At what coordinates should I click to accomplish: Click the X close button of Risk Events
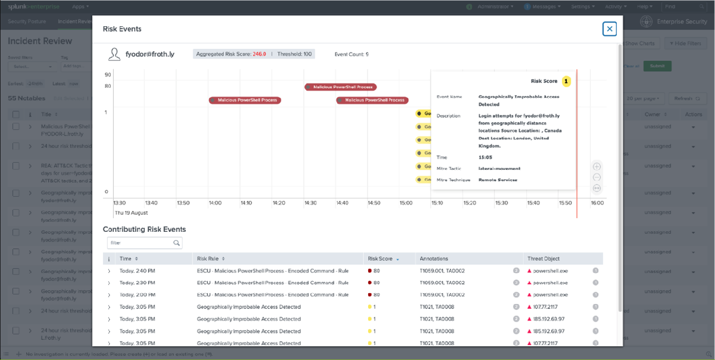[x=609, y=29]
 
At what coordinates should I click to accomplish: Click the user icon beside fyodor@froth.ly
[x=114, y=54]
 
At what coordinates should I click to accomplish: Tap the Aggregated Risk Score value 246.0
[x=259, y=54]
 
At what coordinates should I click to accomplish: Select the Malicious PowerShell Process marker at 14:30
[x=340, y=87]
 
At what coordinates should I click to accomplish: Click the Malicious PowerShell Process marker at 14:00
[x=245, y=100]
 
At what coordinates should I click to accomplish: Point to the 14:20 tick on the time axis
[x=279, y=203]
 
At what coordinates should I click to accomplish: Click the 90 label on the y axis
[x=108, y=75]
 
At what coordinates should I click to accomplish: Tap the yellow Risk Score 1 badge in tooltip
[x=566, y=81]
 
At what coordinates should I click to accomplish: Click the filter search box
[x=141, y=243]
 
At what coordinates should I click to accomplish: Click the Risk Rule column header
[x=208, y=259]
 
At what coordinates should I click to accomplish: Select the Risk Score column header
[x=381, y=259]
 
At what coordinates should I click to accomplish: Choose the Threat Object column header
[x=543, y=259]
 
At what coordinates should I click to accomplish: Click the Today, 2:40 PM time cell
[x=137, y=271]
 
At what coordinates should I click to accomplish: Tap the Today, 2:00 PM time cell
[x=137, y=294]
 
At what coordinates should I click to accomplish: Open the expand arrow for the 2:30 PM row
[x=108, y=283]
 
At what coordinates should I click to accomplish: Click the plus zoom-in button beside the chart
[x=597, y=167]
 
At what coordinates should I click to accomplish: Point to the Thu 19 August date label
[x=131, y=213]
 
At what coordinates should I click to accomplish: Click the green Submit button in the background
[x=657, y=66]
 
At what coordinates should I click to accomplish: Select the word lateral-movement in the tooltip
[x=499, y=169]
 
